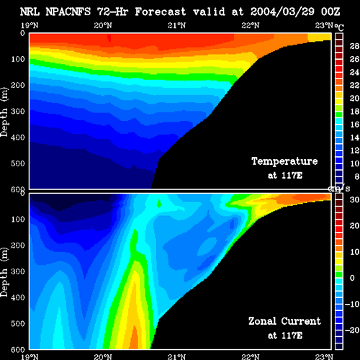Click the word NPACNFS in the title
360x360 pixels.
[x=68, y=12]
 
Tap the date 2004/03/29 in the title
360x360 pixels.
[x=282, y=12]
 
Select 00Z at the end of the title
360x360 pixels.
[x=330, y=12]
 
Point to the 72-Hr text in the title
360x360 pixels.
[x=112, y=12]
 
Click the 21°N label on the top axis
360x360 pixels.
[x=176, y=25]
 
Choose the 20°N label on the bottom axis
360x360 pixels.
[x=103, y=356]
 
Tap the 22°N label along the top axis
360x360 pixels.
[x=251, y=25]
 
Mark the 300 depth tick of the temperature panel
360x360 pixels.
[x=18, y=112]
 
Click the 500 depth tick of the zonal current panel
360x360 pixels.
[x=18, y=323]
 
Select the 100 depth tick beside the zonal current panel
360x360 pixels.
[x=18, y=219]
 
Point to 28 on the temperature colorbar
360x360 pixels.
[x=354, y=46]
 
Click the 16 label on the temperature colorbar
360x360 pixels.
[x=354, y=125]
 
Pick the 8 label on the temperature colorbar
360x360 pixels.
[x=356, y=176]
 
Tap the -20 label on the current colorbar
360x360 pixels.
[x=352, y=330]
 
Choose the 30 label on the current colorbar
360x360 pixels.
[x=354, y=199]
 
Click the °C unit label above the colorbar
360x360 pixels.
[x=339, y=27]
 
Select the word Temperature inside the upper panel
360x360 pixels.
[x=284, y=161]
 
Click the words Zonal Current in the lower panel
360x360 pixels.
[x=284, y=321]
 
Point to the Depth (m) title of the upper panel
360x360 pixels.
[x=4, y=112]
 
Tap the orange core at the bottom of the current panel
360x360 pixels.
[x=134, y=338]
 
